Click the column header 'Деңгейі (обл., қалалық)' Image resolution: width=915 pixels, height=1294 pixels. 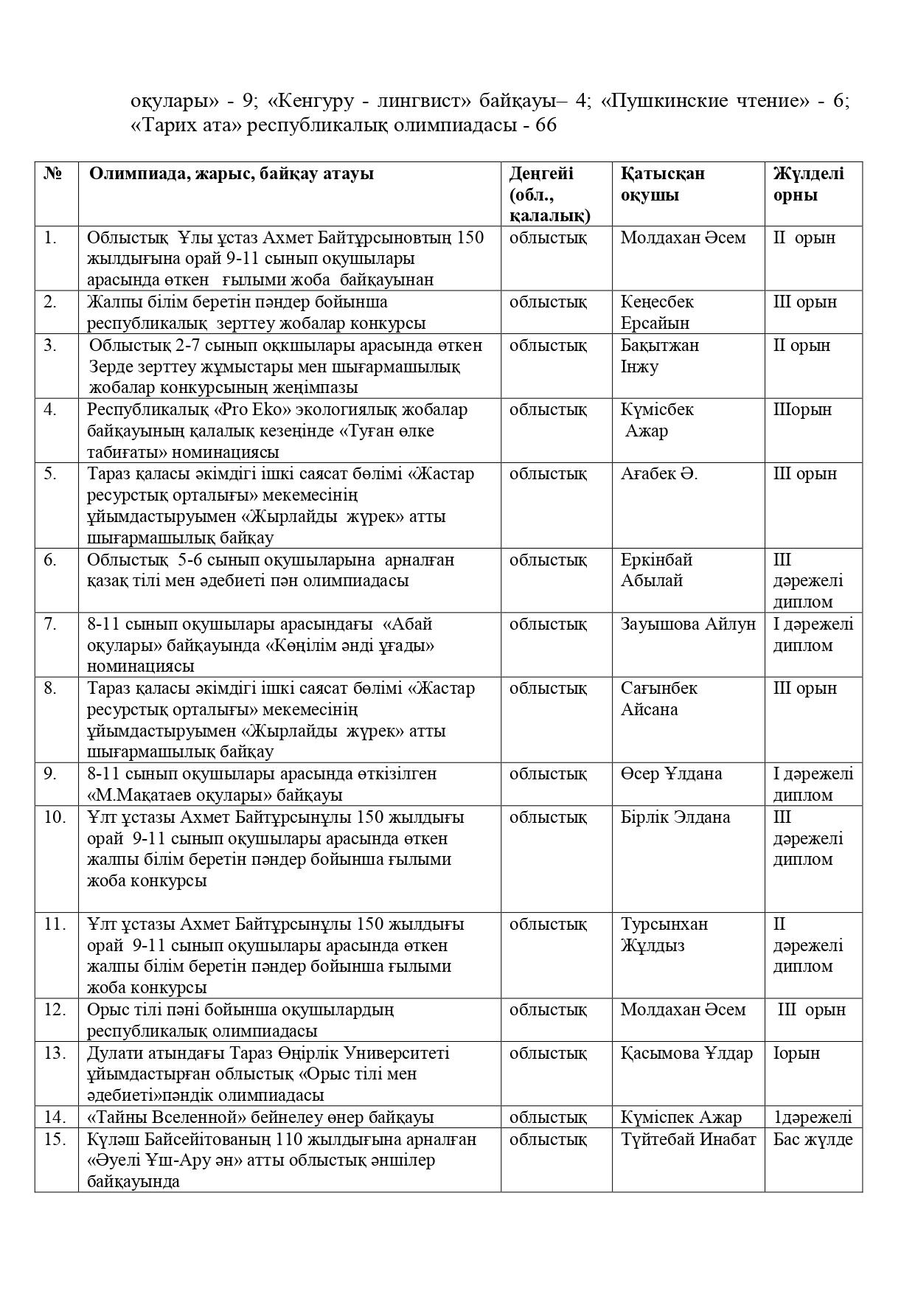549,194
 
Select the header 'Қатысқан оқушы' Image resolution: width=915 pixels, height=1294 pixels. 662,184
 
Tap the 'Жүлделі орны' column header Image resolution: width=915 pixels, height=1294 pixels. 808,184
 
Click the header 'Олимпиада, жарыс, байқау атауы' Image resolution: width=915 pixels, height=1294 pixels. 231,173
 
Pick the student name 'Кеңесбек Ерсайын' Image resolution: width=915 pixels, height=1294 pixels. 656,312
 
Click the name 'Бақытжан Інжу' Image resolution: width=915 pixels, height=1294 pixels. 659,355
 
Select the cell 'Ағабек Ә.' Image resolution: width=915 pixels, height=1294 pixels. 658,473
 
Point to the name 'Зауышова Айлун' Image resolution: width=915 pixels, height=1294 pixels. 688,624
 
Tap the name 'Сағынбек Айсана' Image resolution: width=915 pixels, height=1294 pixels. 658,698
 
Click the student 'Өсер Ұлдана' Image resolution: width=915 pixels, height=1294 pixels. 671,773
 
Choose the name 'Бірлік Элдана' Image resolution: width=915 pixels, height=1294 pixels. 675,817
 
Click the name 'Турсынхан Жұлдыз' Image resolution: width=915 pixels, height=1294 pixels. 664,934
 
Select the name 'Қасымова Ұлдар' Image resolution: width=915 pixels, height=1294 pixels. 686,1052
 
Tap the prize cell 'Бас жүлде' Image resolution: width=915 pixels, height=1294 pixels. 813,1139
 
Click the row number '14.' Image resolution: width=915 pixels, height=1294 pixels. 55,1117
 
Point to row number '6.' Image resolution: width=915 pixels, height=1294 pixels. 49,559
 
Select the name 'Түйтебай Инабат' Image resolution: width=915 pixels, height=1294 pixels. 688,1139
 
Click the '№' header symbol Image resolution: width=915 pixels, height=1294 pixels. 52,173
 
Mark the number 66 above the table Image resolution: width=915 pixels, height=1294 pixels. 546,125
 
